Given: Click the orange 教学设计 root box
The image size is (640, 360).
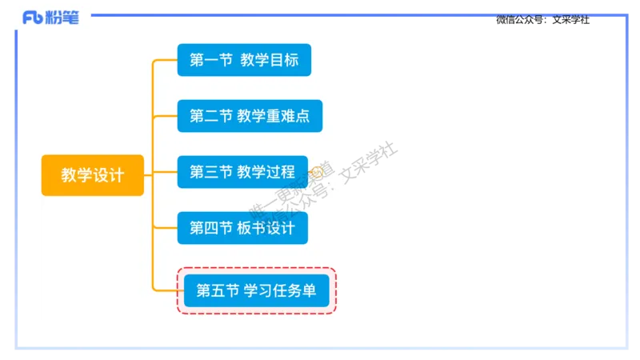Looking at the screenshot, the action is pyautogui.click(x=92, y=175).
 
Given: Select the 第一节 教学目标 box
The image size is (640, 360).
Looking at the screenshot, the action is pyautogui.click(x=243, y=60).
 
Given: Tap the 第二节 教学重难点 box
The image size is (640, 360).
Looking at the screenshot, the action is pyautogui.click(x=250, y=116).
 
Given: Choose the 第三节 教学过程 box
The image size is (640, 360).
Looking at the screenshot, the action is pyautogui.click(x=242, y=172).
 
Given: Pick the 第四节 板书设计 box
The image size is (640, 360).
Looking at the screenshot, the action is pyautogui.click(x=242, y=228).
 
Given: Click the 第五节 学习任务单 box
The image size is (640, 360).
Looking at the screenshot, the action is pyautogui.click(x=256, y=291).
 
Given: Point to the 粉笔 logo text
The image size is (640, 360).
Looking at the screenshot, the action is pyautogui.click(x=63, y=18).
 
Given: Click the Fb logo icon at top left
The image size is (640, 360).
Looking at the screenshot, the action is pyautogui.click(x=33, y=18).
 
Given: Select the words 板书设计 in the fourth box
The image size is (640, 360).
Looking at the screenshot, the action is pyautogui.click(x=266, y=228).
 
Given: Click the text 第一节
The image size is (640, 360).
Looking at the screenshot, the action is pyautogui.click(x=210, y=60).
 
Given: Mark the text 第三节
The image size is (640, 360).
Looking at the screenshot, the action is pyautogui.click(x=210, y=172).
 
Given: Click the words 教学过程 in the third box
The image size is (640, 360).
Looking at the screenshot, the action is pyautogui.click(x=266, y=172).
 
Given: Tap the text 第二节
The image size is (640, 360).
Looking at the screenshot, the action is pyautogui.click(x=210, y=116).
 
